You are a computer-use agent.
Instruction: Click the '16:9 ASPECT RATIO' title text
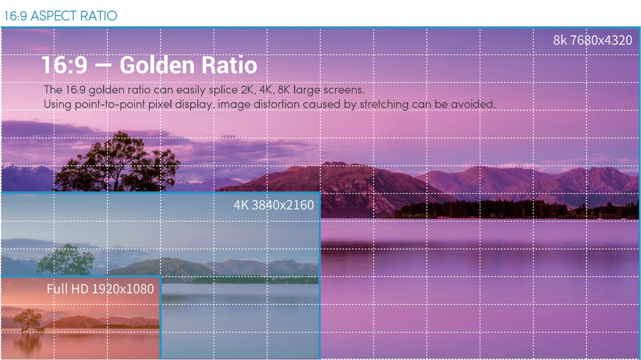pyautogui.click(x=60, y=16)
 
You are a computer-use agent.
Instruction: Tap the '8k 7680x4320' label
pyautogui.click(x=593, y=40)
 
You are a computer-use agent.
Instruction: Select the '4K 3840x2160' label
pyautogui.click(x=274, y=205)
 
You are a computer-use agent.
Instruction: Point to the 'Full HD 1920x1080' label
pyautogui.click(x=100, y=289)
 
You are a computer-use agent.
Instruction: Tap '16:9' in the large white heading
pyautogui.click(x=65, y=64)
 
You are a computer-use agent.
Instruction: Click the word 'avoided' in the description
pyautogui.click(x=473, y=104)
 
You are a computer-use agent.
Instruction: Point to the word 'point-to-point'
pyautogui.click(x=110, y=105)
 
